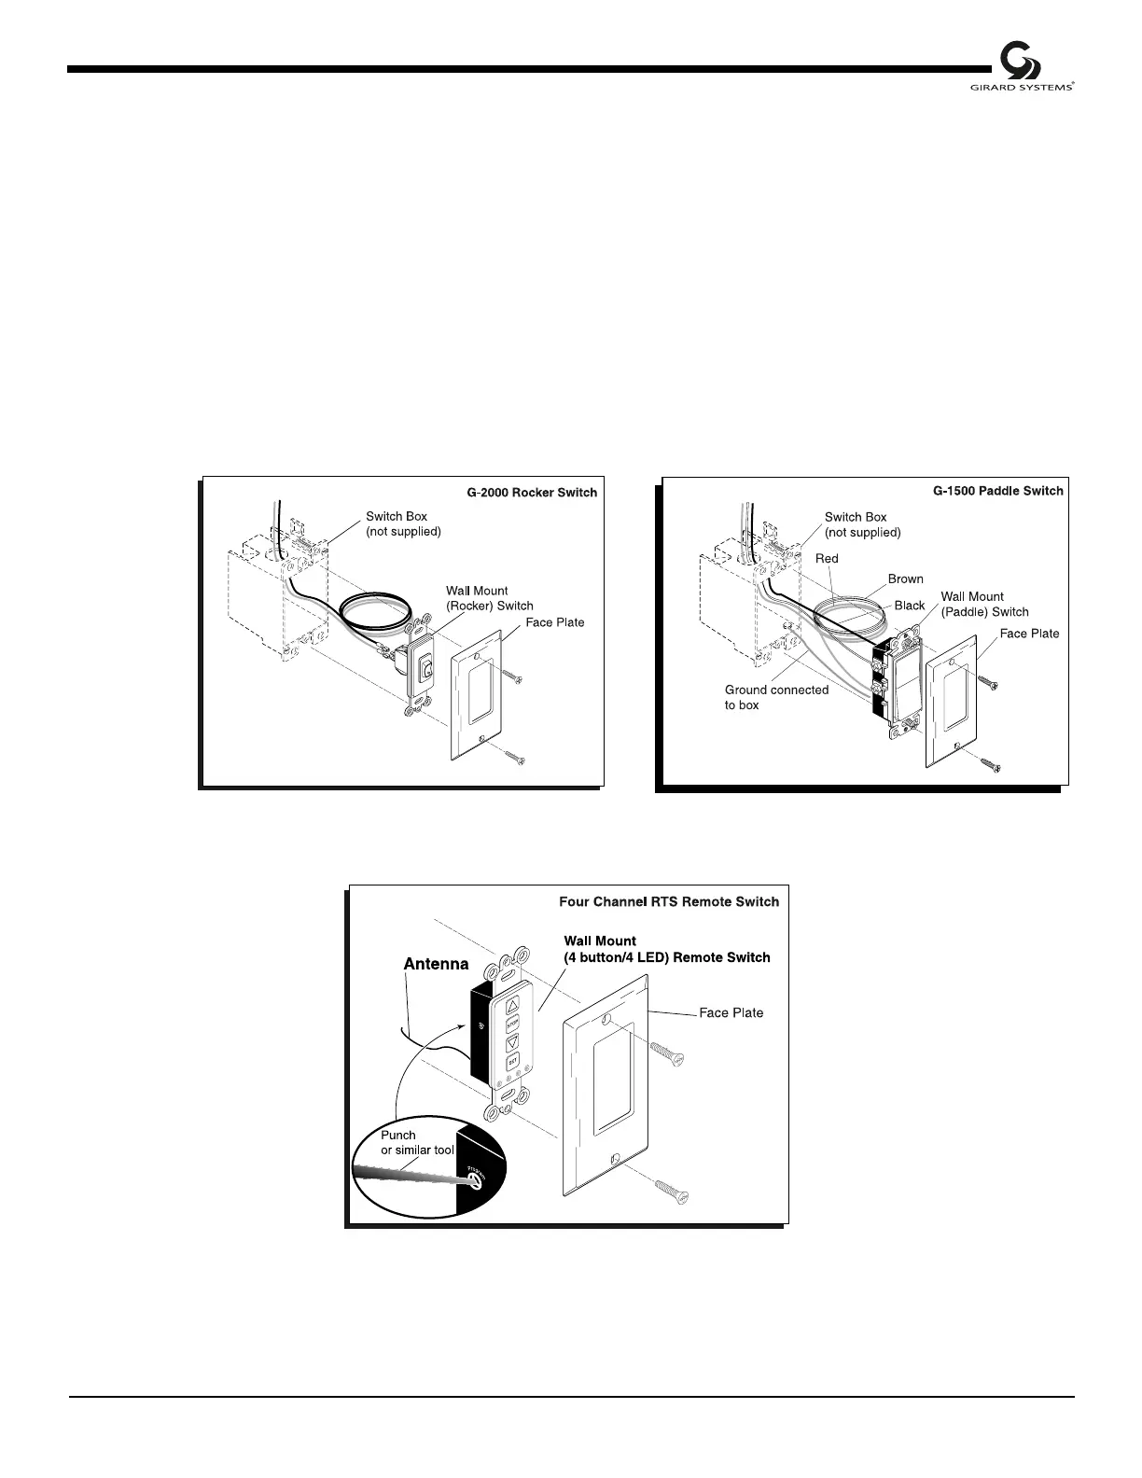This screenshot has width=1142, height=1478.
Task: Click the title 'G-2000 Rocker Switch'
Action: (532, 493)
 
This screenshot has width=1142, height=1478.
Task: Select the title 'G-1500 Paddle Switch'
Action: (997, 491)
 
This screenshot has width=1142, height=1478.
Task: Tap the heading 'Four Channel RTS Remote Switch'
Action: (668, 901)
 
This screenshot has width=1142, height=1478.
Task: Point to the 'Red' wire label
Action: (827, 559)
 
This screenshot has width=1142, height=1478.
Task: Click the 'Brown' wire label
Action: (905, 579)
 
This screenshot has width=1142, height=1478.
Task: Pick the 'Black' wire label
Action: (910, 606)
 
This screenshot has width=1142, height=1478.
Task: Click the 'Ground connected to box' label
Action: (776, 697)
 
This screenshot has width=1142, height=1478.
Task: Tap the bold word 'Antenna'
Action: (436, 964)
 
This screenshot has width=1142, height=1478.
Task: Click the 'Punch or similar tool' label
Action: (417, 1143)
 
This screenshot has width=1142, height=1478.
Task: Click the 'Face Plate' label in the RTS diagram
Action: (731, 1012)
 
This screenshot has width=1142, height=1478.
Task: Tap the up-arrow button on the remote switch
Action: (513, 1006)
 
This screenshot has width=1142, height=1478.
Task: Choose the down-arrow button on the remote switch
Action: (512, 1044)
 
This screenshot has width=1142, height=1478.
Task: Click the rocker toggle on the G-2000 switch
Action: (426, 667)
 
